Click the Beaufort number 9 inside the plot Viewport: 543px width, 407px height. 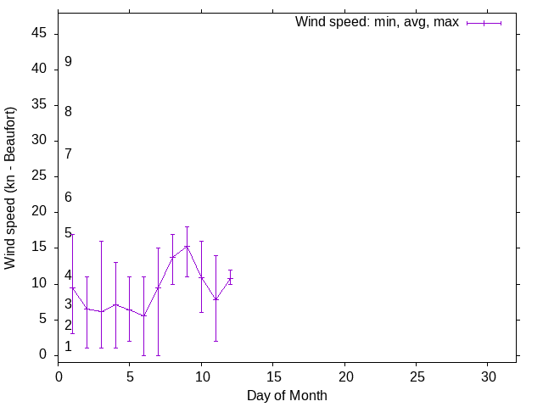[68, 62]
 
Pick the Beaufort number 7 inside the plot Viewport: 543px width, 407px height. [68, 153]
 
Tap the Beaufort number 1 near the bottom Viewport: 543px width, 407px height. [68, 347]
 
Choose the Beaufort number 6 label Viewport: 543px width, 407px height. [68, 198]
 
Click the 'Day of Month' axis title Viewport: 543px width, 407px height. [287, 395]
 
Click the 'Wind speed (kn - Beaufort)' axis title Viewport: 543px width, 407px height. [11, 188]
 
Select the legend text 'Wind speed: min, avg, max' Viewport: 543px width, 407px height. [377, 22]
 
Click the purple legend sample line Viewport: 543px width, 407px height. [484, 23]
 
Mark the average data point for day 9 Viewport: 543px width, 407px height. [187, 246]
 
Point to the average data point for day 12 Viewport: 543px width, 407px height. [230, 279]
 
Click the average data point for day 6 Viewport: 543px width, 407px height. [144, 315]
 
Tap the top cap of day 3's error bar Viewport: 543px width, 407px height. [101, 241]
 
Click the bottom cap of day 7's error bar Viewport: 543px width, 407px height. [159, 354]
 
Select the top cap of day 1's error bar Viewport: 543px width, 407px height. [73, 234]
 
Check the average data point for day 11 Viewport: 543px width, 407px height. [216, 299]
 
